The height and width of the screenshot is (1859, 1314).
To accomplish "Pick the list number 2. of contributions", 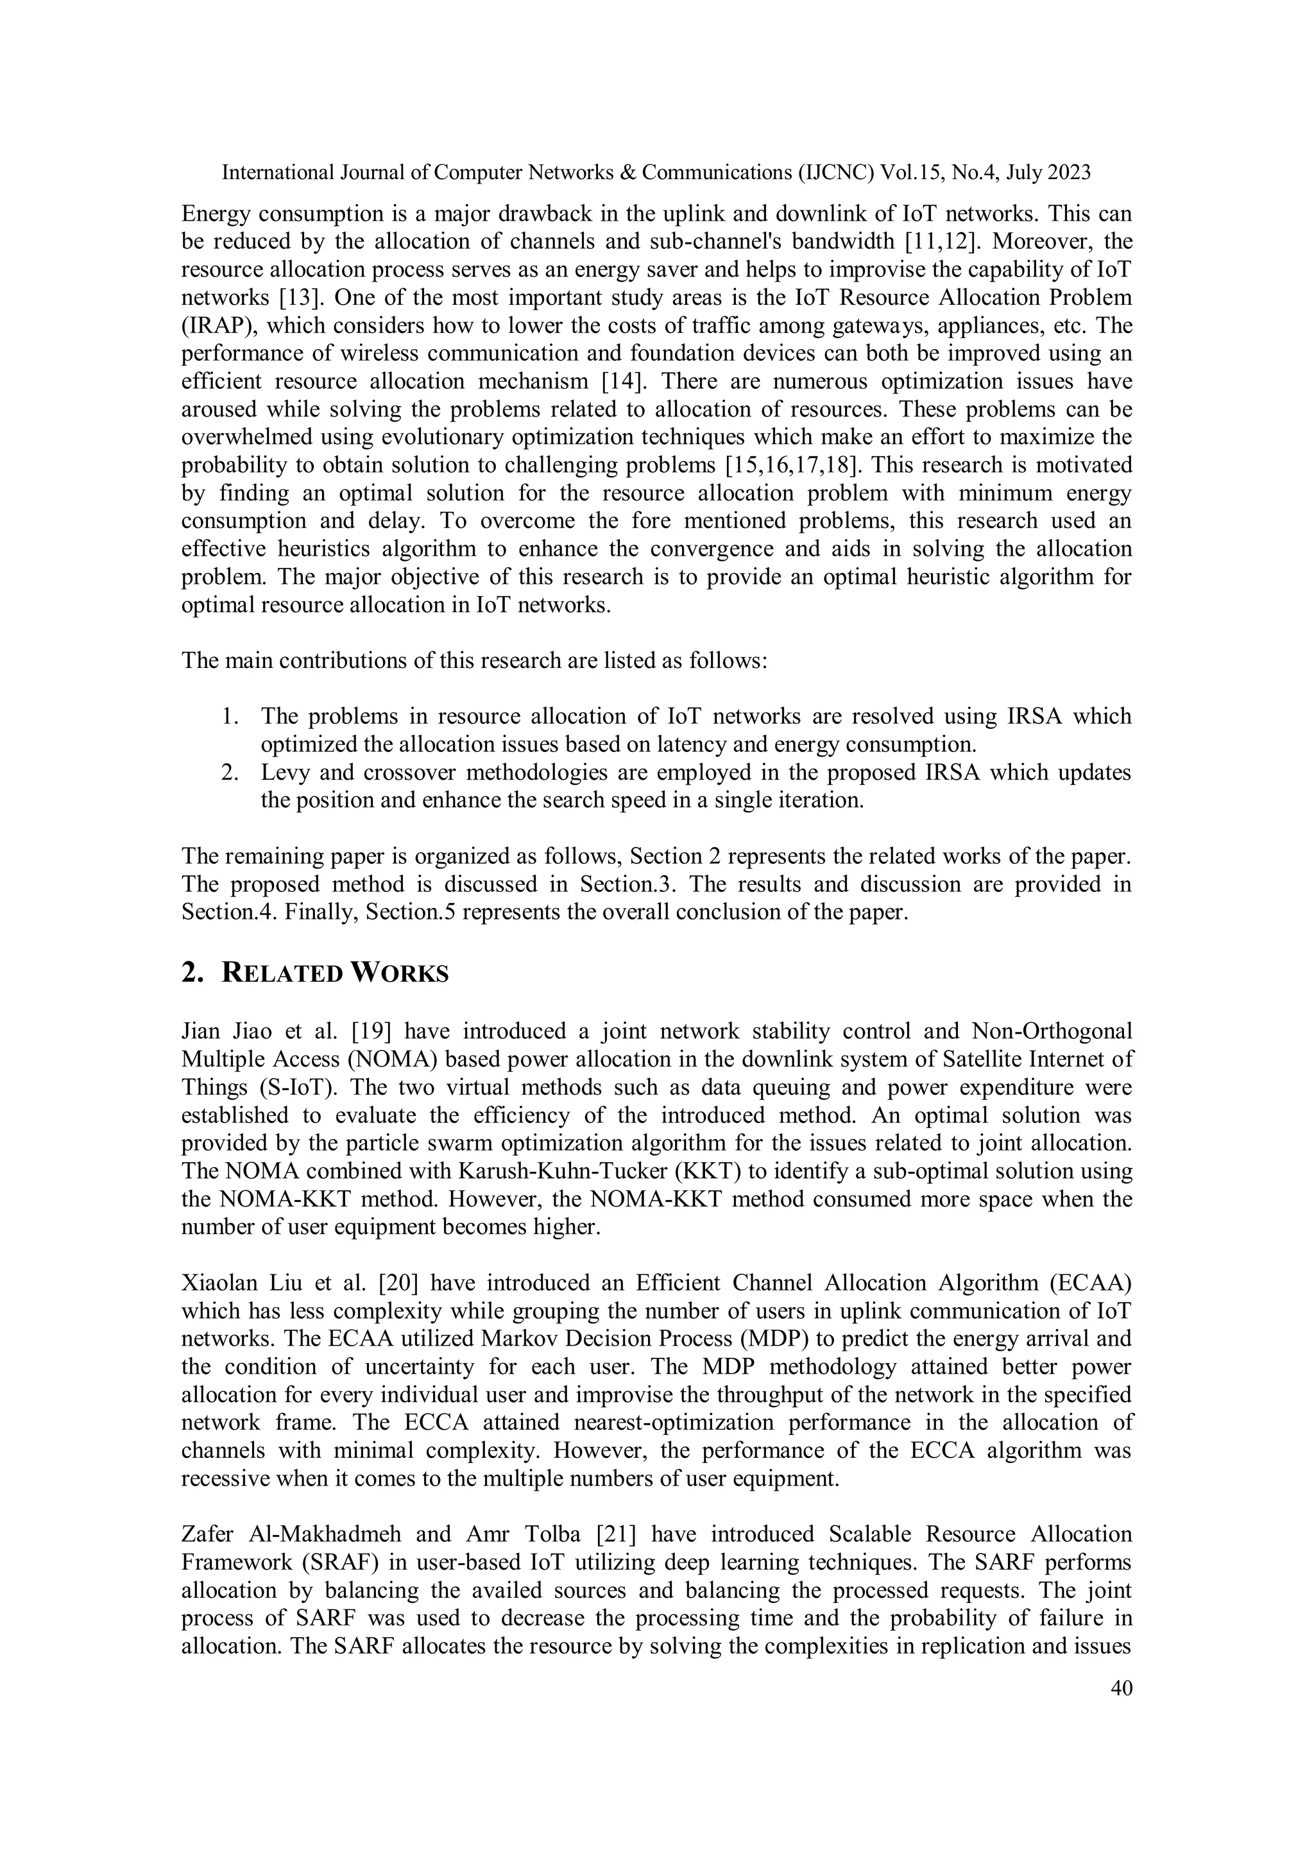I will (x=230, y=773).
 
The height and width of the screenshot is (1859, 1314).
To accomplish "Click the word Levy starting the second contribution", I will (x=284, y=773).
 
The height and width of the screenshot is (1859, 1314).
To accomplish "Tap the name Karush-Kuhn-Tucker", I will (x=621, y=1172).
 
